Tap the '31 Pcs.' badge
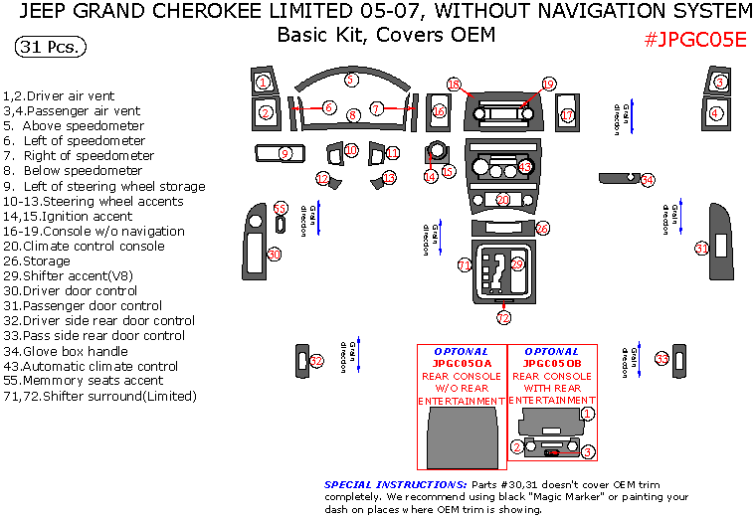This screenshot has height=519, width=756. (51, 47)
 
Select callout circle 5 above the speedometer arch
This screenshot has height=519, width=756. (350, 80)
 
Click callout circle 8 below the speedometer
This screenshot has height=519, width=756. (353, 115)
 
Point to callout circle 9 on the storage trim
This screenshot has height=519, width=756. (284, 153)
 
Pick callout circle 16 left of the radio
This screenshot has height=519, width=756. (439, 111)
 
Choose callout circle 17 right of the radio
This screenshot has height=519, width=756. (567, 115)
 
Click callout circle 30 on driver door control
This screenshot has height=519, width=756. (275, 255)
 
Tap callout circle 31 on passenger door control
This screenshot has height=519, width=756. (701, 249)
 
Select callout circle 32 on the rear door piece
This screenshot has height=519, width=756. (317, 360)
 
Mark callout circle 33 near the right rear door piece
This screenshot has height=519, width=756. (661, 358)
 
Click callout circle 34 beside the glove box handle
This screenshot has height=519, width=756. (648, 180)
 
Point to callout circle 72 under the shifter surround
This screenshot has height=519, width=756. (503, 318)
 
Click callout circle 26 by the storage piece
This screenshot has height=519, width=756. (542, 228)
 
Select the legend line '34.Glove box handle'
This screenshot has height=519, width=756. (66, 351)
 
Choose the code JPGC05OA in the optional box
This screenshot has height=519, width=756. (461, 364)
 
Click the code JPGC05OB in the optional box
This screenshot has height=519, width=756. (551, 364)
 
